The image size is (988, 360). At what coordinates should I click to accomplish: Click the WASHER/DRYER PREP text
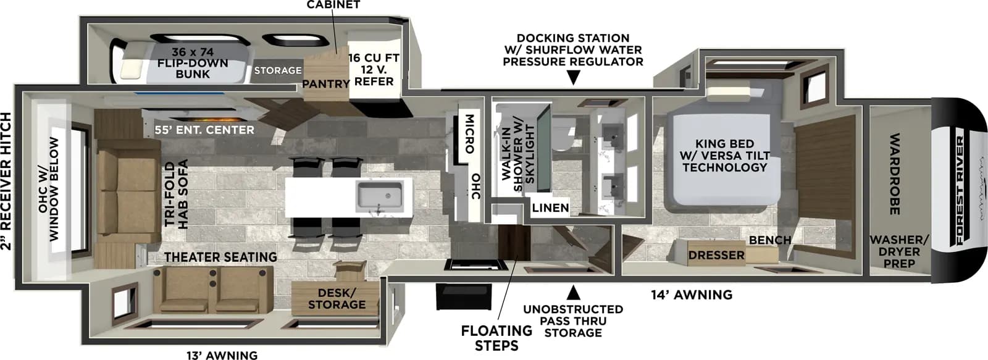(898, 251)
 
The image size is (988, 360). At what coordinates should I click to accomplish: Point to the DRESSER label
(716, 255)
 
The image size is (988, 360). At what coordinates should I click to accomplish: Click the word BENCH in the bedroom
(769, 240)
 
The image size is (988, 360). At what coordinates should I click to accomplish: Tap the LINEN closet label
(550, 208)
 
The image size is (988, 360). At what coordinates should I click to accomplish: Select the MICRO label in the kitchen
(469, 133)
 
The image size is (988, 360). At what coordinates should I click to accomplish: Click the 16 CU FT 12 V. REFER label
(374, 69)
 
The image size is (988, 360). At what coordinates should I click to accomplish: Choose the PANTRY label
(325, 83)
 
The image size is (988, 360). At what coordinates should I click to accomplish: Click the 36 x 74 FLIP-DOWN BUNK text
(192, 63)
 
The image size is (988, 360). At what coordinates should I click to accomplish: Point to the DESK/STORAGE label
(337, 299)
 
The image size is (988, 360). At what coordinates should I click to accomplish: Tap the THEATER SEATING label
(220, 257)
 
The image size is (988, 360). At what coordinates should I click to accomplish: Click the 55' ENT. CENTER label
(204, 130)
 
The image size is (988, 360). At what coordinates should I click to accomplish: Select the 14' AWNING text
(691, 295)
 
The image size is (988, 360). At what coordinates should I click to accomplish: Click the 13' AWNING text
(222, 354)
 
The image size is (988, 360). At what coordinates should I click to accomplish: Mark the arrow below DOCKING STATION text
(573, 78)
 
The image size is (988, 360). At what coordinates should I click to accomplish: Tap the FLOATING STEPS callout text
(496, 338)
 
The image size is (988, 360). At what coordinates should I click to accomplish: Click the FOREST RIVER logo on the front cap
(959, 190)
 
